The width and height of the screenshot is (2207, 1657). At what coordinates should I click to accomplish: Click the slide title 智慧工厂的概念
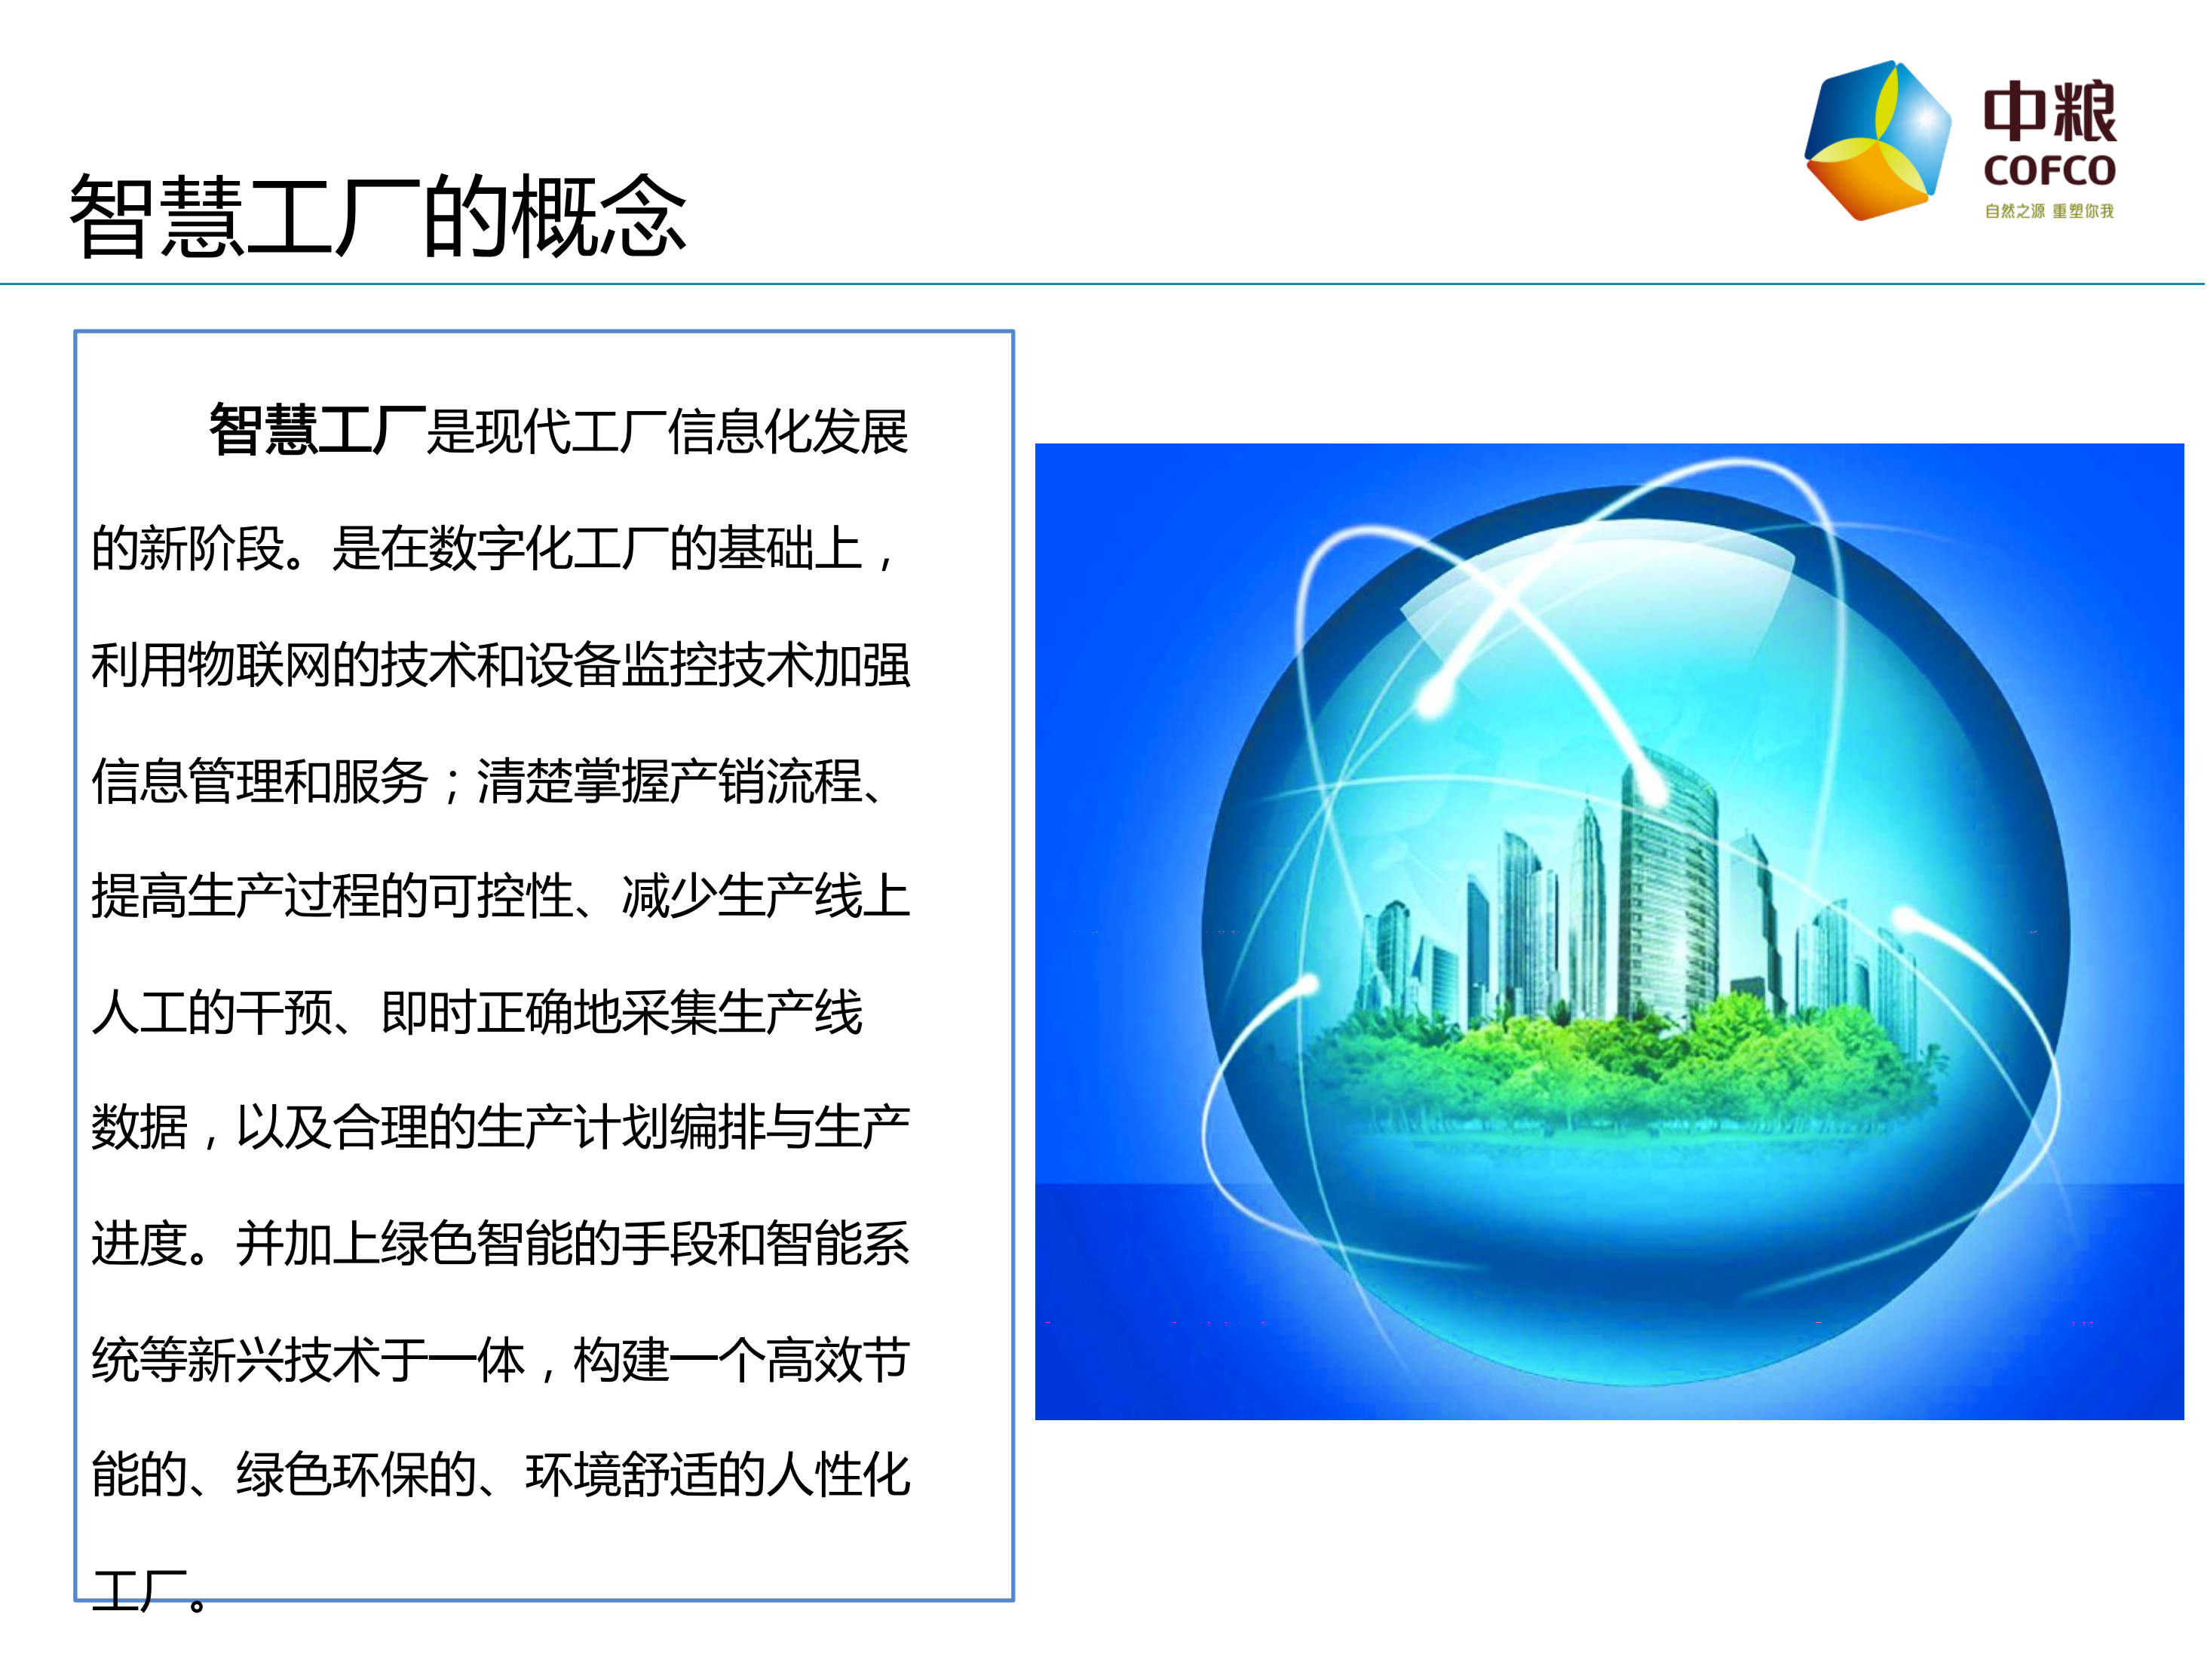pos(377,216)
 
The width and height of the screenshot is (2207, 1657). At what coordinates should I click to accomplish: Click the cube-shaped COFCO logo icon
pos(1877,140)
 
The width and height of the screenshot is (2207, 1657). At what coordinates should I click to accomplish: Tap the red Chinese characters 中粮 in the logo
pos(2049,112)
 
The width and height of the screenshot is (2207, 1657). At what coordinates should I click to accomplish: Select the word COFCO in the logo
pos(2049,170)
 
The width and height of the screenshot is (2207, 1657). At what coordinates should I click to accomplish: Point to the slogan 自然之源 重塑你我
pos(2049,210)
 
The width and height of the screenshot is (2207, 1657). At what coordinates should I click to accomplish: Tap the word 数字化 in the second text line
pos(500,548)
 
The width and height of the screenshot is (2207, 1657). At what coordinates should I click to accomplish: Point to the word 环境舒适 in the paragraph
pos(621,1475)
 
